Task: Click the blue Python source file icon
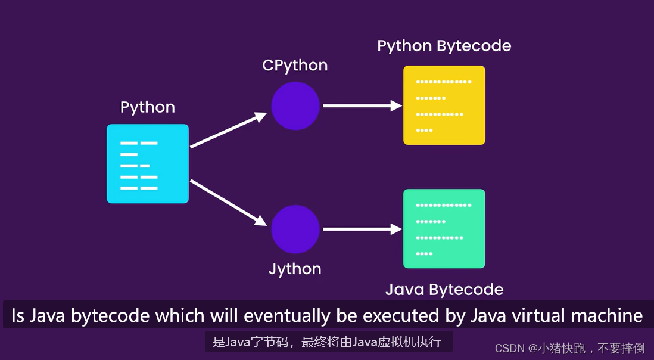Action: click(148, 164)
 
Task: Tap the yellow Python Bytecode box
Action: click(444, 105)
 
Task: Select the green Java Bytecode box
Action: click(444, 229)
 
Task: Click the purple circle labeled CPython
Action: click(295, 105)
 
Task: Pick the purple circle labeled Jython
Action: click(295, 229)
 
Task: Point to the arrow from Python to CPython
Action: click(228, 130)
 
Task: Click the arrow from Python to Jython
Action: click(228, 202)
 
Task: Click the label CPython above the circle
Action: click(295, 65)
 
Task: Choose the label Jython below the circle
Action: click(295, 269)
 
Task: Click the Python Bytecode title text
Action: click(444, 46)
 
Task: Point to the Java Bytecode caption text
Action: click(444, 290)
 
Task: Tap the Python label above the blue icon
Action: click(148, 107)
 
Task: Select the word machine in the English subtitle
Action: click(608, 316)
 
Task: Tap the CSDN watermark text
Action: click(570, 347)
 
